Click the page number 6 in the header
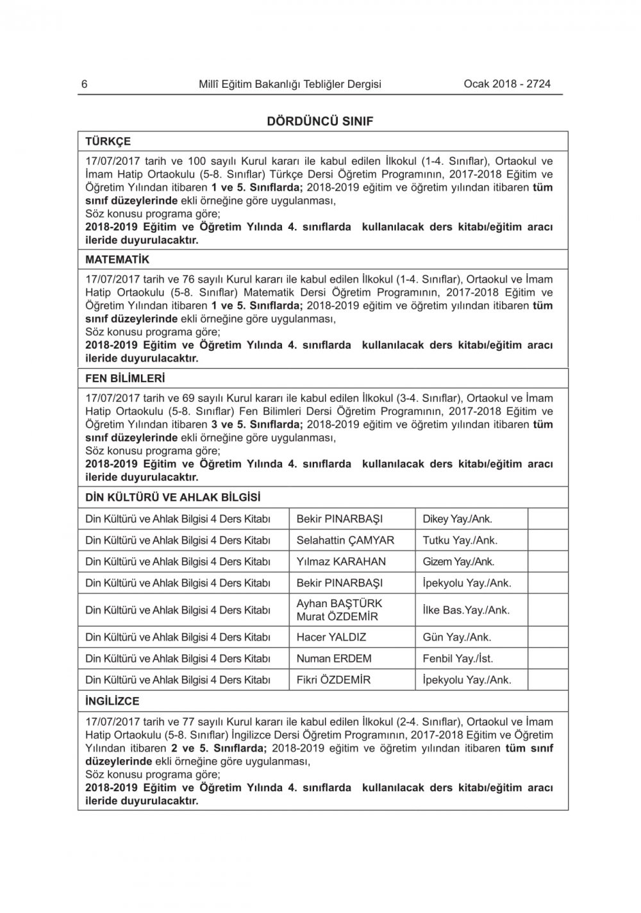click(x=85, y=84)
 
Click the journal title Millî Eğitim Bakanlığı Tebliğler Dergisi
click(x=290, y=84)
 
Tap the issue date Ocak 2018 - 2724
click(x=506, y=84)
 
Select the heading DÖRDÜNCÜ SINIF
click(x=320, y=121)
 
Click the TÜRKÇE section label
click(x=108, y=142)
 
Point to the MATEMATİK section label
click(x=117, y=260)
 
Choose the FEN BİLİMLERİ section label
click(x=125, y=378)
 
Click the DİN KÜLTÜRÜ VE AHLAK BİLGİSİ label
click(x=172, y=498)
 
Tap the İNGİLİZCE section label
click(x=112, y=701)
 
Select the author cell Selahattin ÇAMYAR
click(x=345, y=540)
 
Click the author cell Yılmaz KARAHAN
click(x=341, y=562)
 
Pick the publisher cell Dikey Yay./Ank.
click(x=457, y=519)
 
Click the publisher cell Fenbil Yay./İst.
click(x=458, y=658)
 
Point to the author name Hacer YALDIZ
click(x=331, y=637)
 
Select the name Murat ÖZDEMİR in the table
click(x=337, y=617)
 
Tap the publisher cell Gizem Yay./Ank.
click(x=458, y=562)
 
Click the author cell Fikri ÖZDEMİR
click(x=333, y=680)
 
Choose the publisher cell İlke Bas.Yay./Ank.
click(x=466, y=610)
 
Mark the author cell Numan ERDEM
click(x=333, y=658)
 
